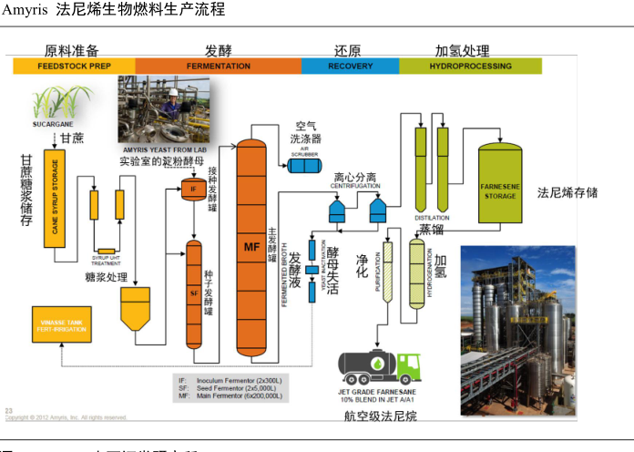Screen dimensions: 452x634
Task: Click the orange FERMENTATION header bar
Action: point(219,67)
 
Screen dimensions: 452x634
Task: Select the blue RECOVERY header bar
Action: point(350,67)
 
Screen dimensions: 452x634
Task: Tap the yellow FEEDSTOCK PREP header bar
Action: point(75,67)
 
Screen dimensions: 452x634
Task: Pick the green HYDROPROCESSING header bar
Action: point(470,67)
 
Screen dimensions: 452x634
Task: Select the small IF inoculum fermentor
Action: point(192,190)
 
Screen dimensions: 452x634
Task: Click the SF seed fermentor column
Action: point(193,293)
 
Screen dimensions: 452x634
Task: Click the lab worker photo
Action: point(163,109)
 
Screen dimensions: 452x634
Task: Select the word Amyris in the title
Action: point(24,10)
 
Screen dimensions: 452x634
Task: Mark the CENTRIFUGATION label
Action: point(355,185)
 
